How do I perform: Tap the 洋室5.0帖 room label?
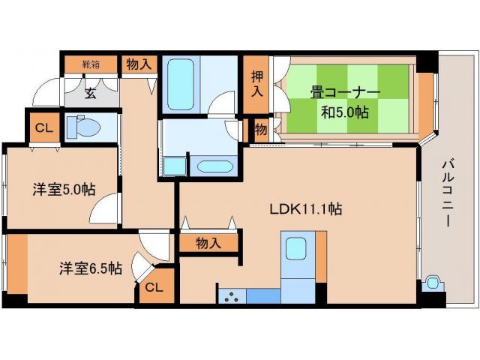[x=63, y=190]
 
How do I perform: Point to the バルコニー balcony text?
[x=448, y=183]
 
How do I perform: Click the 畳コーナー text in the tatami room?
[x=344, y=94]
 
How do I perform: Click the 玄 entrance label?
[x=90, y=94]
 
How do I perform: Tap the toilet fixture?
[x=82, y=127]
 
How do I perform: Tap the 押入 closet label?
[x=256, y=84]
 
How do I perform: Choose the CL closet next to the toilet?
[x=43, y=127]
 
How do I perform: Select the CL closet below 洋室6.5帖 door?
[x=154, y=287]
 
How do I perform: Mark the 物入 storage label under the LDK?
[x=208, y=242]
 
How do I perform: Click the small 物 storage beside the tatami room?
[x=261, y=129]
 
